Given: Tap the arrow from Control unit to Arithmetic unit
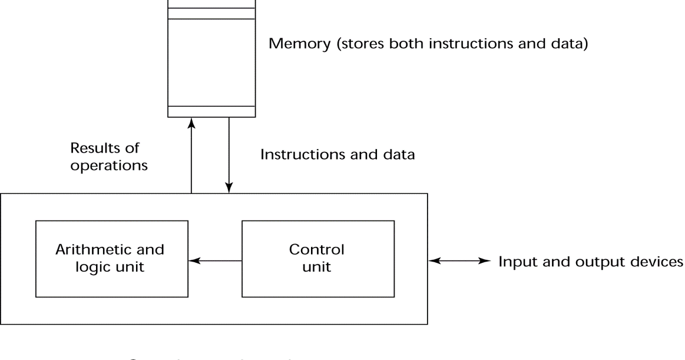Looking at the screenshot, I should coord(215,260).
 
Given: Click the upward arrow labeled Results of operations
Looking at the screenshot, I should coord(191,156).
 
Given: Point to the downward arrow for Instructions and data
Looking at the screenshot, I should coord(230,156).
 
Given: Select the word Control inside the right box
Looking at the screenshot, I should coord(318,250).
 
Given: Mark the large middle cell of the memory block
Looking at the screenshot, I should coord(211,62).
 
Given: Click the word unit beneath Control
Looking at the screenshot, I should coord(317,267).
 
